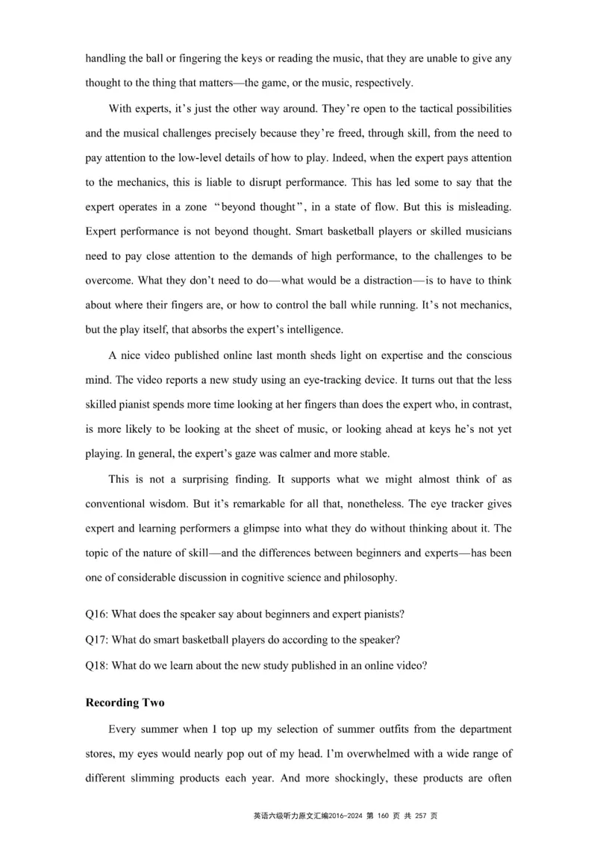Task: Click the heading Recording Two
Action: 123,702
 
